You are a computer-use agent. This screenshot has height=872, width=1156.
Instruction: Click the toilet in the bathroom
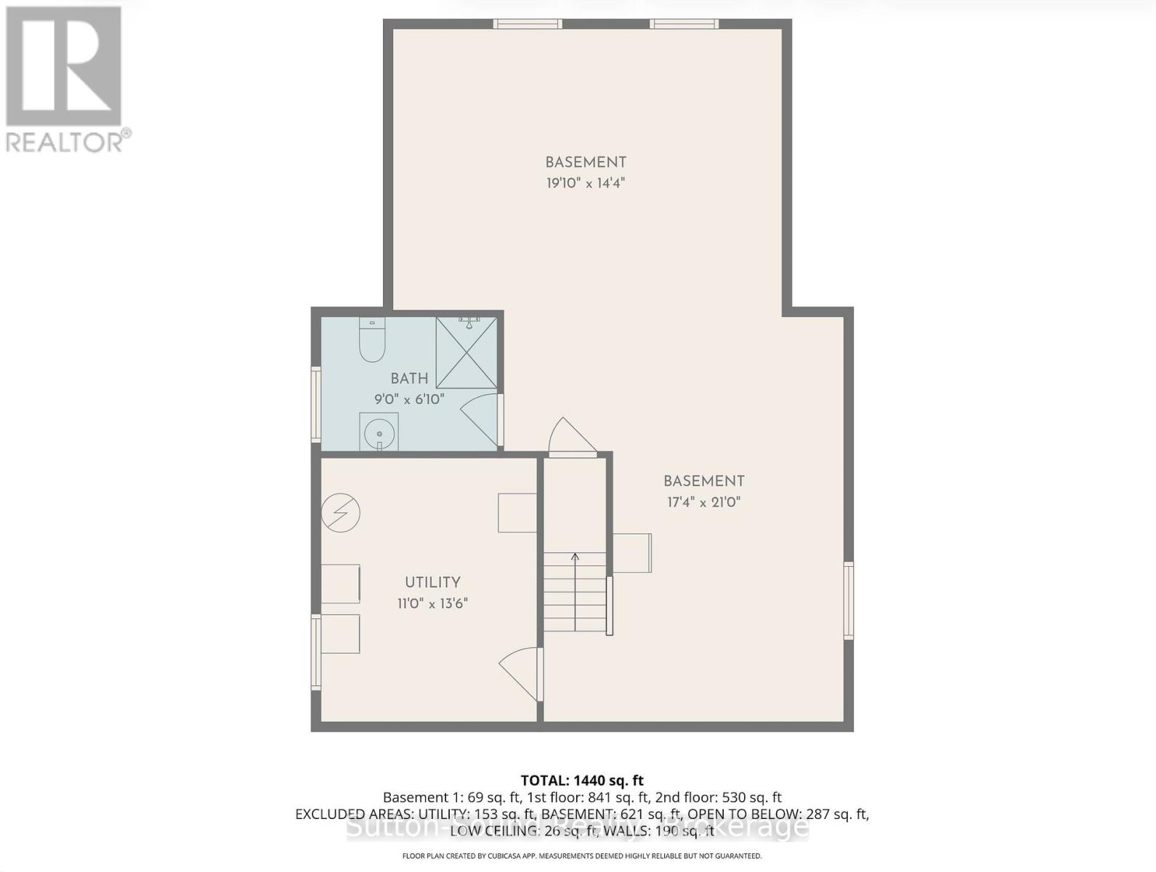(x=372, y=343)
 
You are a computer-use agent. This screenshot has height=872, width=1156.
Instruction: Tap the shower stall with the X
(x=466, y=353)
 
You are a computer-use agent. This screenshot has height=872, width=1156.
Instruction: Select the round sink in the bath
(x=379, y=434)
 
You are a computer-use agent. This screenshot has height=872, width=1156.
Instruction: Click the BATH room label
(x=409, y=378)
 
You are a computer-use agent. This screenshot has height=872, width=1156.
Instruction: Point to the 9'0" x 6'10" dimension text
(x=409, y=399)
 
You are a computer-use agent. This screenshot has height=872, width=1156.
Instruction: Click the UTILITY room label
(x=432, y=582)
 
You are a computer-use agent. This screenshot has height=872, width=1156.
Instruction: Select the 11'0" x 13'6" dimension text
(x=432, y=603)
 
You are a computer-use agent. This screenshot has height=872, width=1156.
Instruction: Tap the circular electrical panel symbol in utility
(x=341, y=513)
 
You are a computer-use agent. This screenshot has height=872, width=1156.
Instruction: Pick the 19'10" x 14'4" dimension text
(x=586, y=183)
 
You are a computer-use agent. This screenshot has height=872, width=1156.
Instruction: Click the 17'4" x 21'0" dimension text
(x=703, y=502)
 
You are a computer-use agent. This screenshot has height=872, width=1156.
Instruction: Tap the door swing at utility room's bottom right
(x=522, y=672)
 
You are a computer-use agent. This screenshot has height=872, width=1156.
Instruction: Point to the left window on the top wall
(x=528, y=24)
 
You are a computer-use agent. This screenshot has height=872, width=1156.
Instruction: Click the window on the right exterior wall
(x=848, y=600)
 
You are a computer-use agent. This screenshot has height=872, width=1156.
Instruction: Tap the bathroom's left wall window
(x=316, y=404)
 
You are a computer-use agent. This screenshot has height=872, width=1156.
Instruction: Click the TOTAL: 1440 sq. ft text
(x=582, y=781)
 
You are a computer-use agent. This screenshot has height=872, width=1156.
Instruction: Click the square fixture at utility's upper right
(x=517, y=512)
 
